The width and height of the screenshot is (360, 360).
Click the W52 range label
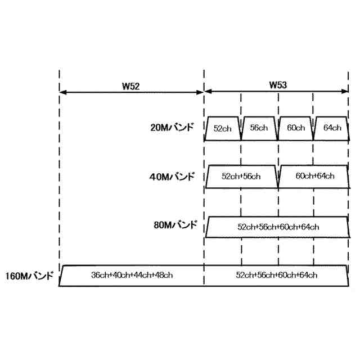pos(130,86)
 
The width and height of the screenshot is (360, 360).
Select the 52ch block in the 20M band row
pos(223,128)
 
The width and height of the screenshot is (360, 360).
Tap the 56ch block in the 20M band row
pos(259,128)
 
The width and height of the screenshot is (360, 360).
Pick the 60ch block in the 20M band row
pos(295,128)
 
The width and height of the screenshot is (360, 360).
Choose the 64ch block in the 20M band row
pos(332,128)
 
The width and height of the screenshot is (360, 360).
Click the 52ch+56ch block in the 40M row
pos(241,177)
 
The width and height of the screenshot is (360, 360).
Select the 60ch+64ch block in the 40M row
pos(314,177)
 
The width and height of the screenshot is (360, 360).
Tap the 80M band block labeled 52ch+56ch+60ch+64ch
pos(278,227)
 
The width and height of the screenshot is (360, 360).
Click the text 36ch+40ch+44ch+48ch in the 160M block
pos(132,276)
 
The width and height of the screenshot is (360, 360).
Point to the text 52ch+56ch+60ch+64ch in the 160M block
pos(278,276)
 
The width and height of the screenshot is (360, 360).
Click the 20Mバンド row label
pos(172,127)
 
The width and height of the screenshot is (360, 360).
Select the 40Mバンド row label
pos(172,177)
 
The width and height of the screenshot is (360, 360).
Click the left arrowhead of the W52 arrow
pos(62,92)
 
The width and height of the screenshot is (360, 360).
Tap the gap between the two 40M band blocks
pos(278,183)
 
